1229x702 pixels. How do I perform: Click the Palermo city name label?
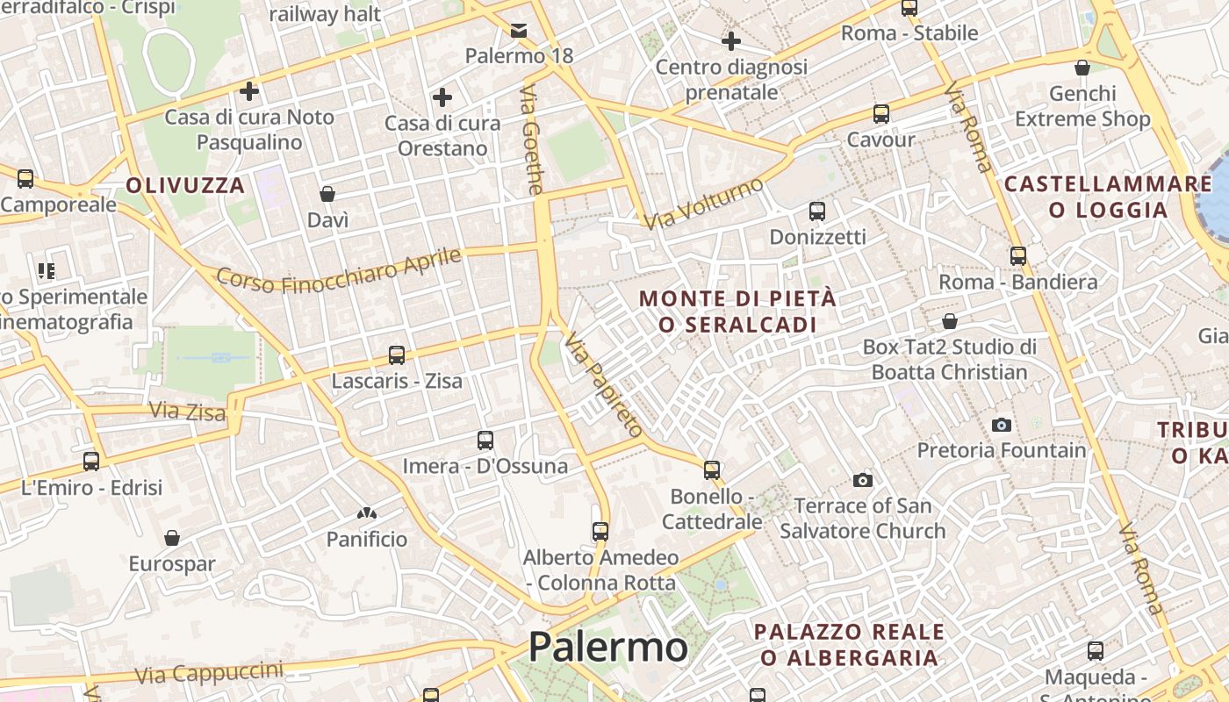607,648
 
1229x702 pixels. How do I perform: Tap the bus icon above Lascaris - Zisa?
397,355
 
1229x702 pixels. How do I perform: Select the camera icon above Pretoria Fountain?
1002,425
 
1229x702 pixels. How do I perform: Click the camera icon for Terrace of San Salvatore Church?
863,480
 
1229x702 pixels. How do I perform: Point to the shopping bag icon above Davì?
327,194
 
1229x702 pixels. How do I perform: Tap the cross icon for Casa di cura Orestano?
442,97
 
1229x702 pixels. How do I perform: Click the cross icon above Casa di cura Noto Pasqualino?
249,90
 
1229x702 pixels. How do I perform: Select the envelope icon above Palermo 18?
519,32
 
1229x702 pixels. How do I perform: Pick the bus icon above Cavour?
880,114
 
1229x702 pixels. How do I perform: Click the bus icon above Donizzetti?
817,211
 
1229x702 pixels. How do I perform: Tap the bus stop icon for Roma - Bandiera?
1018,256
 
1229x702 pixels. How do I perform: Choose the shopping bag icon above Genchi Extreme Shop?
1082,68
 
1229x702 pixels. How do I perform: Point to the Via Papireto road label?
604,384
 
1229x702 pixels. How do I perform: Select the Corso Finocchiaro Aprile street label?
339,270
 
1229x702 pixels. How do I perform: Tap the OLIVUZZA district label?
185,185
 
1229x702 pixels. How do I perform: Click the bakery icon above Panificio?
367,512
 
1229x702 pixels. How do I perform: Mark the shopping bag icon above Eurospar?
172,537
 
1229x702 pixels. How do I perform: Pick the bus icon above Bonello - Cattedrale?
712,470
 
